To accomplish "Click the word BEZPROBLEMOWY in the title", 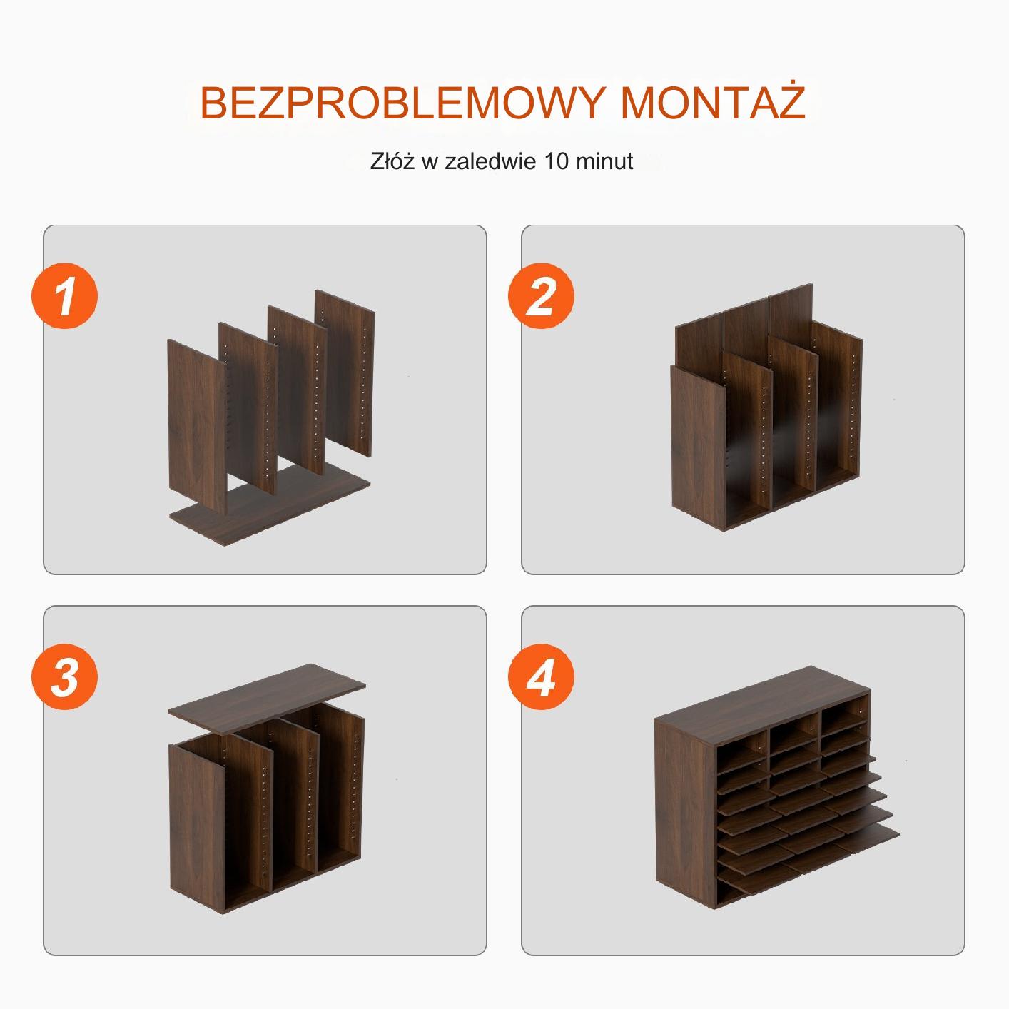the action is coord(402,103).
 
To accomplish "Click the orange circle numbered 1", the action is coord(65,296).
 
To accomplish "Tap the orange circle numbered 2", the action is coord(541,296).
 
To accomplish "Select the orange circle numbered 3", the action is coord(65,676).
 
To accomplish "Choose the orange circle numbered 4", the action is coord(541,676).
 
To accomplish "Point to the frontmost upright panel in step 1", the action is coord(198,426).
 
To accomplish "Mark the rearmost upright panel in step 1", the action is coord(345,372).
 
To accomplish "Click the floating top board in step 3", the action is coord(267,699).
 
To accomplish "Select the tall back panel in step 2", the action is coord(744,328).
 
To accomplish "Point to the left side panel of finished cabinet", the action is coord(686,813).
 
